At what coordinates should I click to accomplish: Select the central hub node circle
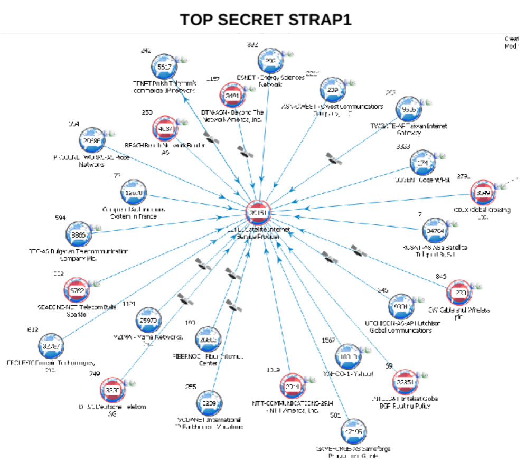(x=258, y=213)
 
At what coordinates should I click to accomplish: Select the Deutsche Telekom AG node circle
(x=113, y=390)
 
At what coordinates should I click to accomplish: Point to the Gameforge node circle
(x=353, y=431)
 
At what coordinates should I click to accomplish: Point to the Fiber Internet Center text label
(x=206, y=360)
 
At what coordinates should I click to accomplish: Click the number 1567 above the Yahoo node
(x=328, y=340)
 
